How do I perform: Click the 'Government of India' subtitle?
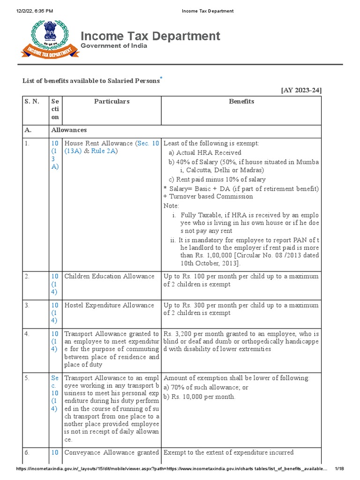click(114, 46)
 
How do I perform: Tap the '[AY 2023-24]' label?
click(301, 90)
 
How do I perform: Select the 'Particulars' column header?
click(112, 101)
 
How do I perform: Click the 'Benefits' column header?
click(241, 101)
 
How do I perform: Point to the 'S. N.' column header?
click(32, 101)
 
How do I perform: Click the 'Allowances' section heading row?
click(69, 130)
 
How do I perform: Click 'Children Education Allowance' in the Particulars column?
click(109, 276)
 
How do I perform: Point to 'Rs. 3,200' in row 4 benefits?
click(177, 334)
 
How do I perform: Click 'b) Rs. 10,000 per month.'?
click(199, 397)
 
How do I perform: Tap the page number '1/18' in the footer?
click(339, 469)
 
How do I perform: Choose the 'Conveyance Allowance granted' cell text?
click(112, 452)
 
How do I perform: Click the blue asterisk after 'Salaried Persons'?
click(161, 77)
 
